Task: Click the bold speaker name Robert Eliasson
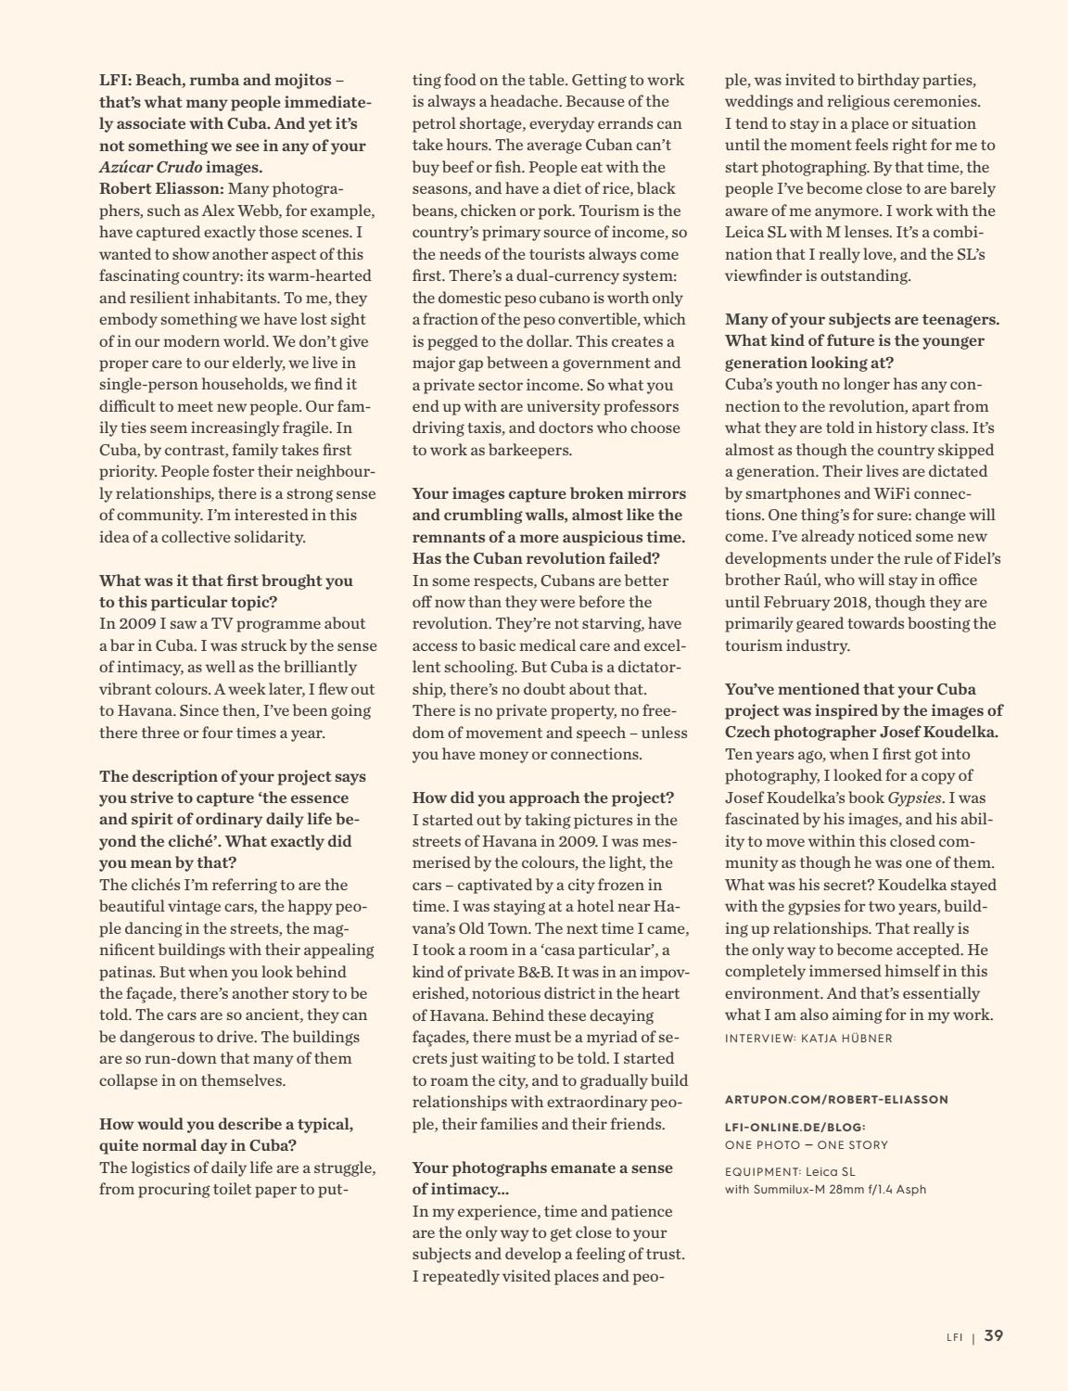[156, 189]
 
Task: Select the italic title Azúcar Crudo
[150, 167]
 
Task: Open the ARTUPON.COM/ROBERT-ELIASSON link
[836, 1100]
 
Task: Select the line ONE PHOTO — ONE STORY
[806, 1145]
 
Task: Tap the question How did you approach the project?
[542, 798]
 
